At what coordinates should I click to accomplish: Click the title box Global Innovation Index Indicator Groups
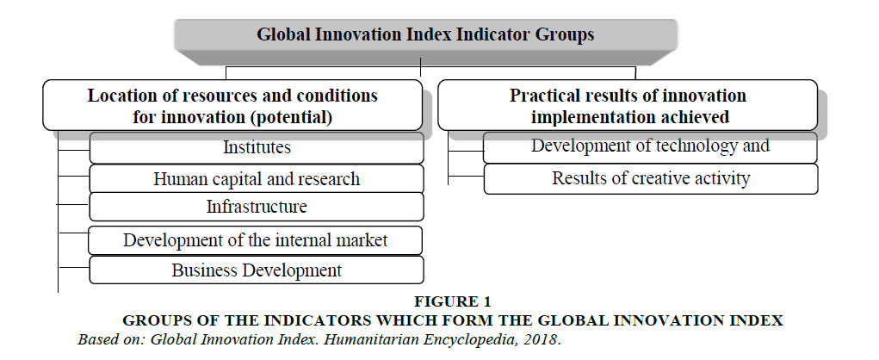pos(425,34)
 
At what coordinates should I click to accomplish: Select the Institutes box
pos(257,148)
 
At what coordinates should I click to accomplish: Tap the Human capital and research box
pos(257,179)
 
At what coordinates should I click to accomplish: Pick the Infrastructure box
pos(257,207)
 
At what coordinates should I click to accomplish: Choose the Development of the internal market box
pos(256,240)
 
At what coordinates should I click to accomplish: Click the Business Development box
pos(257,270)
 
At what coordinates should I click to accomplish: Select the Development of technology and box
pos(650,147)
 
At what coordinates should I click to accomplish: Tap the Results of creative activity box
pos(651,179)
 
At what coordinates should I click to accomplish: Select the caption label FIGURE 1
pos(452,301)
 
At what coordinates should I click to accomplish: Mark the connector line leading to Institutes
pos(74,150)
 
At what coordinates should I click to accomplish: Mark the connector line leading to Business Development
pos(75,268)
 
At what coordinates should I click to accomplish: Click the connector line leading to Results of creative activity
pos(466,176)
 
